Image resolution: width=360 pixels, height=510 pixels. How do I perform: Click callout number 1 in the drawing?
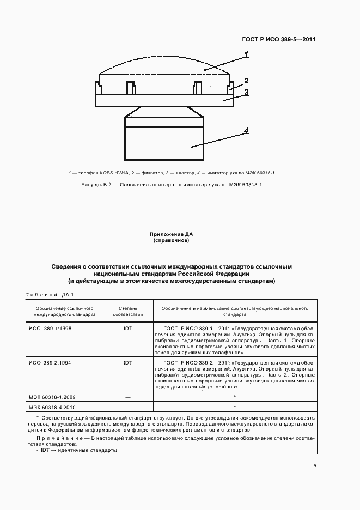point(247,54)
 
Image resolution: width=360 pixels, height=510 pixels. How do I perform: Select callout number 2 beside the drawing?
point(247,80)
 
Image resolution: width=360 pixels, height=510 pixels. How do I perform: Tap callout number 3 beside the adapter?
point(247,93)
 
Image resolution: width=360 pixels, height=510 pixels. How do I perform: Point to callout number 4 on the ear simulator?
point(247,131)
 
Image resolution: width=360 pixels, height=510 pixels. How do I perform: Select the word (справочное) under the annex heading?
point(172,240)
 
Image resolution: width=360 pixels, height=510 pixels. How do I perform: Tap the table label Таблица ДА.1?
point(50,295)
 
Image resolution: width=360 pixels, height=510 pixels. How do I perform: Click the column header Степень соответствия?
point(128,311)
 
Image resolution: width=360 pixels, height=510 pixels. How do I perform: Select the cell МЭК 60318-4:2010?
point(52,406)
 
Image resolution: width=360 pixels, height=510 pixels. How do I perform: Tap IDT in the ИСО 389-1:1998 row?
point(128,330)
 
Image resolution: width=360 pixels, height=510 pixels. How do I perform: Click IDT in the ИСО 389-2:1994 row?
point(128,362)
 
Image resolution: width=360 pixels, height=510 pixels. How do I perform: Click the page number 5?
point(315,466)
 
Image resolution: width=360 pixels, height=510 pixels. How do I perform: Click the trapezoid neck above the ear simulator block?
point(164,112)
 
